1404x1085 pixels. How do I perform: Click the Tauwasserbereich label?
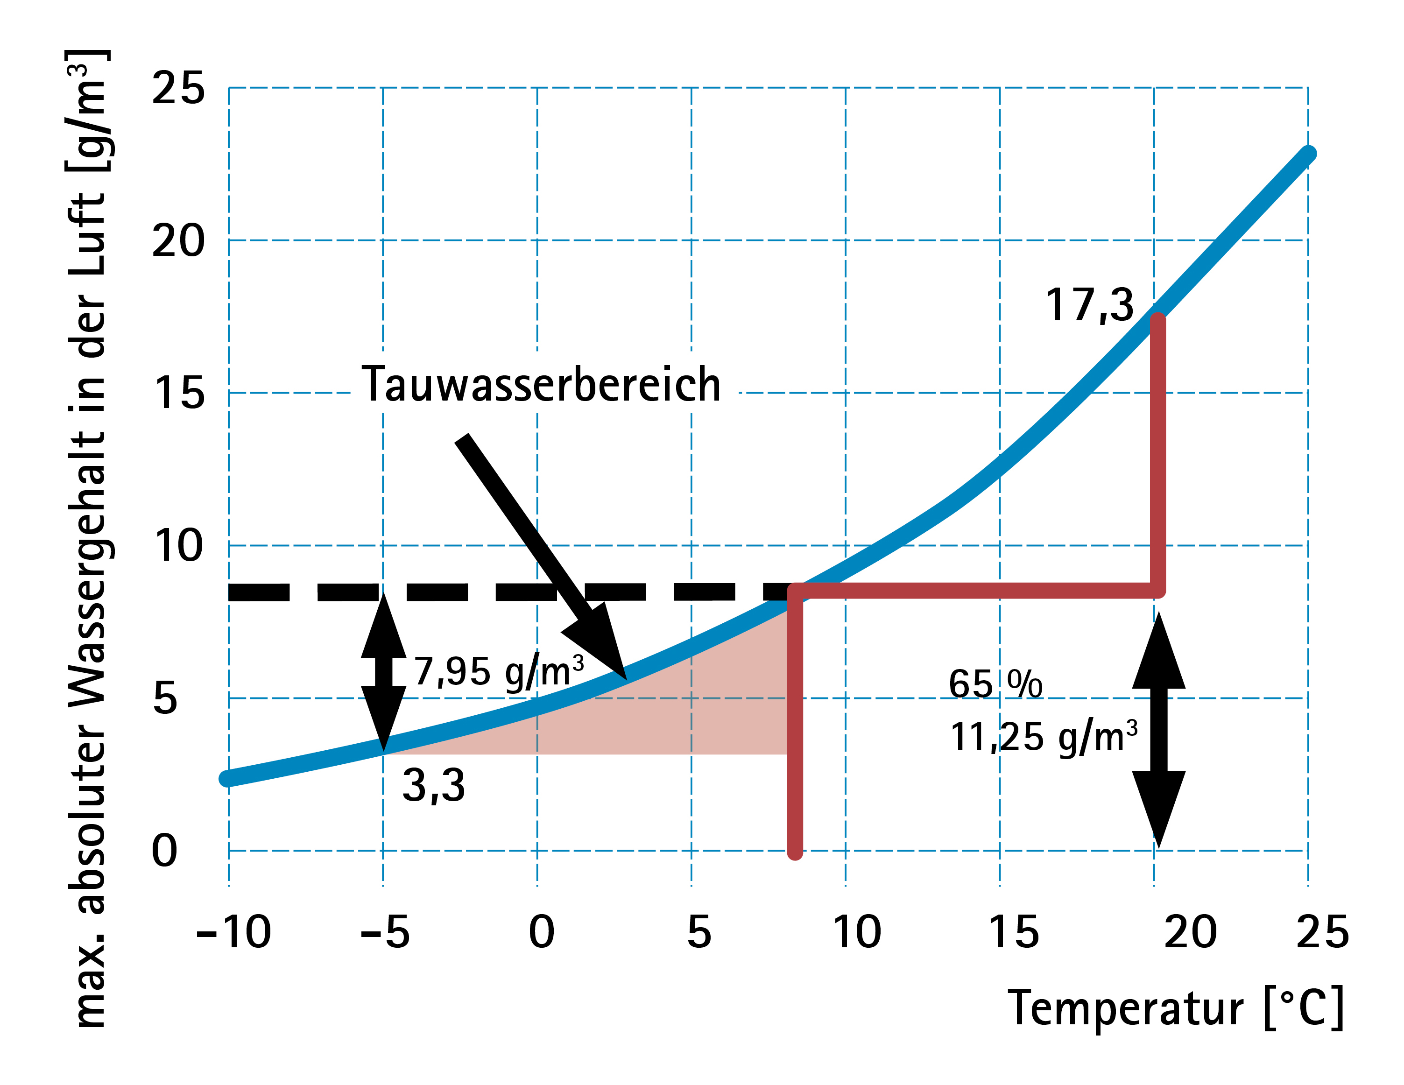(541, 384)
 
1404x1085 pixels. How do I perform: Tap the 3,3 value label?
(433, 785)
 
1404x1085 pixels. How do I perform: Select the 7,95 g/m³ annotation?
(499, 672)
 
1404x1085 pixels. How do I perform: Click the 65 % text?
(995, 684)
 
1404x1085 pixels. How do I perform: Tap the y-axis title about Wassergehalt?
(89, 540)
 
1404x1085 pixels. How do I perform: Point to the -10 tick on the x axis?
(233, 932)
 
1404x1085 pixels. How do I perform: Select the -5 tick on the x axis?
(384, 932)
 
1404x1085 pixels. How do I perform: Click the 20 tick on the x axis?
(1191, 932)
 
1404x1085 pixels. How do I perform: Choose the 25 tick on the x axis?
(1322, 932)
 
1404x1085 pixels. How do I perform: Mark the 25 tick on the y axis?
(178, 88)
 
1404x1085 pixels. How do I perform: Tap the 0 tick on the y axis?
(164, 851)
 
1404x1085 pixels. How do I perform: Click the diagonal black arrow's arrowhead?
(601, 643)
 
